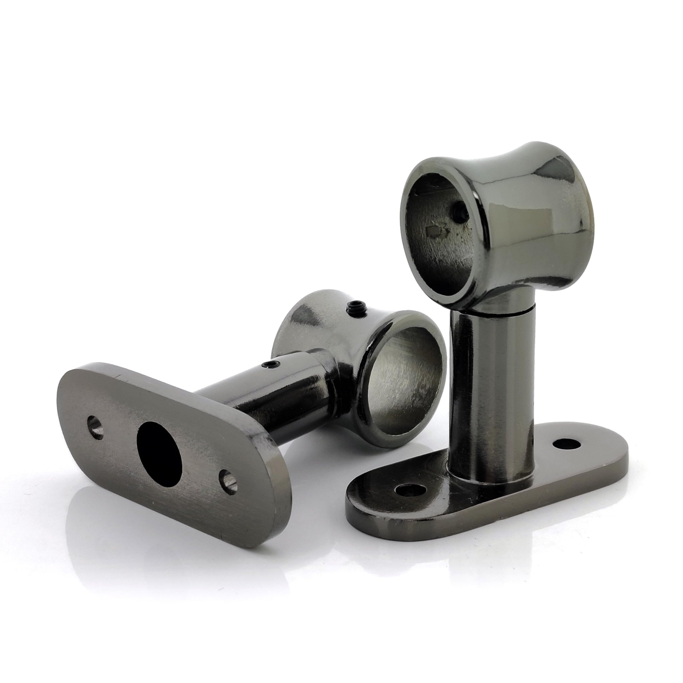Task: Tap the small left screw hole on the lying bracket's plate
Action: (x=96, y=428)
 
